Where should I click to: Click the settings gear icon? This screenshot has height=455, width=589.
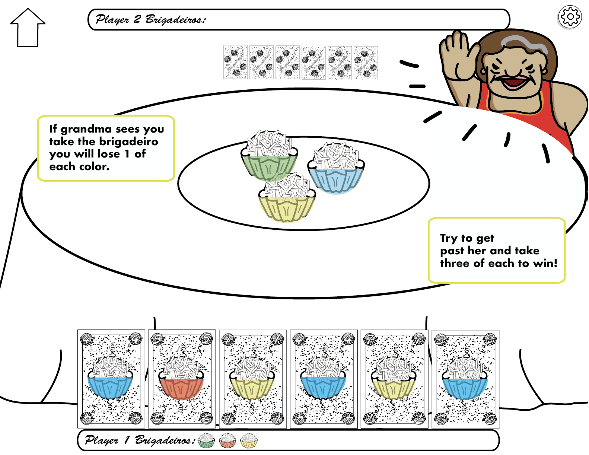(570, 17)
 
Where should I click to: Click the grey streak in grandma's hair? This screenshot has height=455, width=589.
(525, 43)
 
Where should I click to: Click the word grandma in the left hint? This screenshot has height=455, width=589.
(86, 129)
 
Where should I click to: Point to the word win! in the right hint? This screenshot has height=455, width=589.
(545, 263)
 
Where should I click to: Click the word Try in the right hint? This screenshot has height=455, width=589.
(448, 238)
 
